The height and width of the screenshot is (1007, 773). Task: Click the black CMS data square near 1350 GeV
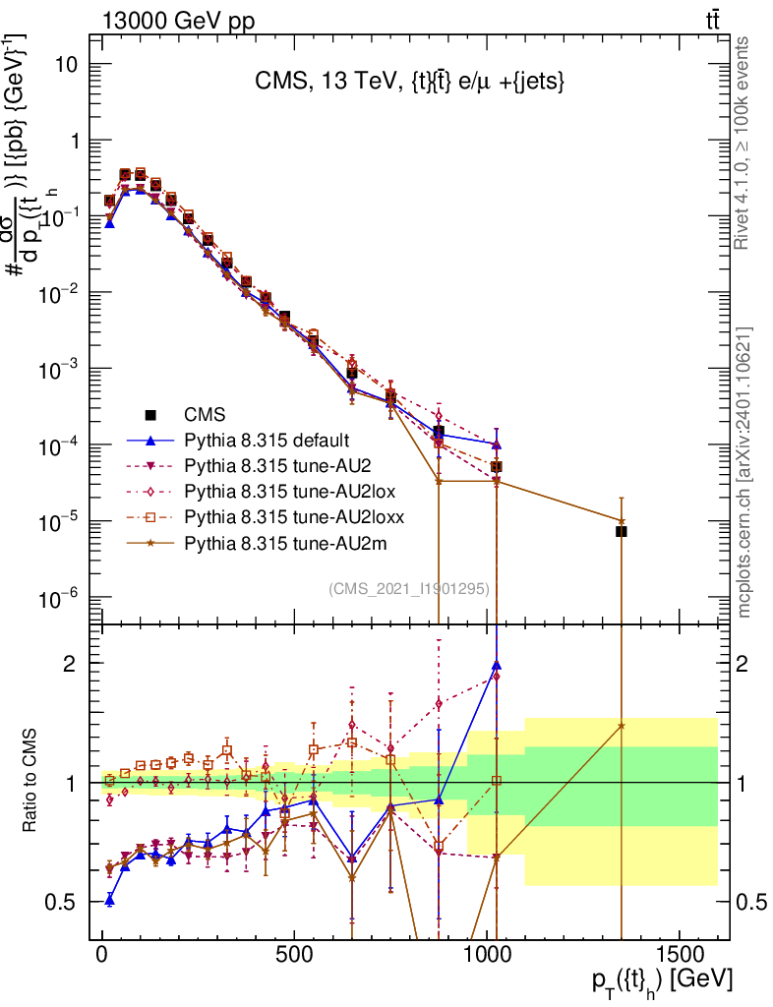[622, 531]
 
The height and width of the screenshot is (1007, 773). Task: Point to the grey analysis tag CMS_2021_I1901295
[409, 589]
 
